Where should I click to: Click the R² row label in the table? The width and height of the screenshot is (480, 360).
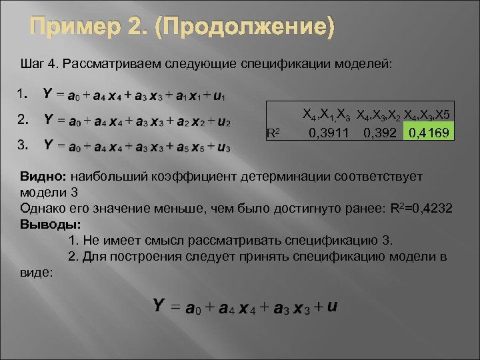coord(272,132)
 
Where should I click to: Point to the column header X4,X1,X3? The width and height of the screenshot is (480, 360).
coord(327,114)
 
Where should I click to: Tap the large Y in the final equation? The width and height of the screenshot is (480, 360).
coord(159,305)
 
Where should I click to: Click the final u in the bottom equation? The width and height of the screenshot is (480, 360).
coord(331,306)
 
